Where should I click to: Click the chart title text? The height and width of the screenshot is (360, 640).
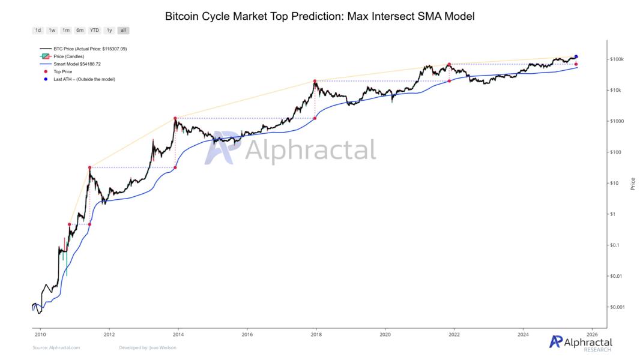click(319, 16)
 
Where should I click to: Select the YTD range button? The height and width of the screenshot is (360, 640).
click(94, 30)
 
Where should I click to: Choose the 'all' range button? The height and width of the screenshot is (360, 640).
click(123, 30)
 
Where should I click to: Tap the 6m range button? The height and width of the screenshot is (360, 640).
click(80, 30)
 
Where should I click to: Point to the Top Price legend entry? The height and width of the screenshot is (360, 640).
click(63, 71)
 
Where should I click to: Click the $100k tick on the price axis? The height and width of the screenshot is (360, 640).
click(617, 59)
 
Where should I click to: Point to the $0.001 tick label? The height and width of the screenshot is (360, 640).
click(618, 307)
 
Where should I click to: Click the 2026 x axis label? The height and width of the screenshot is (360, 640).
click(591, 334)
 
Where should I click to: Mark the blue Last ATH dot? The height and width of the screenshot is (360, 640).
click(576, 56)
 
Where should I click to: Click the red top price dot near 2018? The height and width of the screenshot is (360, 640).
click(315, 81)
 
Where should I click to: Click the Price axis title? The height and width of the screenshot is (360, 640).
click(633, 184)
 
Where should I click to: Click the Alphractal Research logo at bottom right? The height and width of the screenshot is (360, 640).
click(581, 343)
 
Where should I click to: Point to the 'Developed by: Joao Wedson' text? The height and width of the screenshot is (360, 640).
click(148, 347)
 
